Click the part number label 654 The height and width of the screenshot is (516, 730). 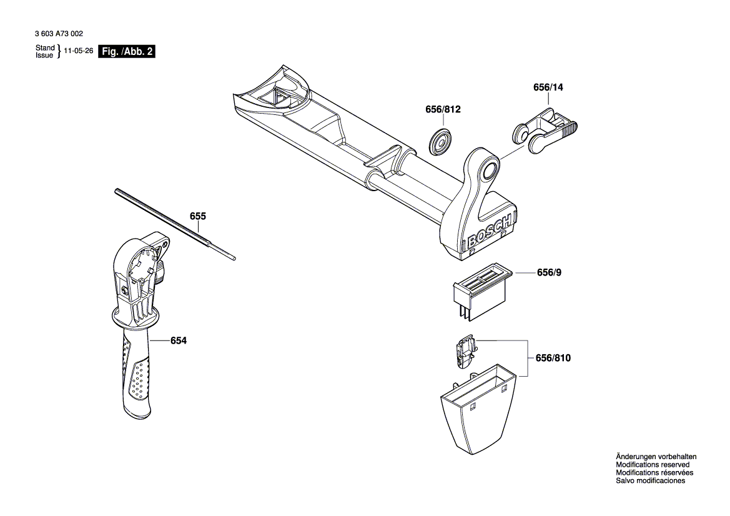(x=178, y=340)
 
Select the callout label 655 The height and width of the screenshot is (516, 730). (x=198, y=216)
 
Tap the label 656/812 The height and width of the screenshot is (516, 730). (x=443, y=110)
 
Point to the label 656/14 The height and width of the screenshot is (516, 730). (x=548, y=88)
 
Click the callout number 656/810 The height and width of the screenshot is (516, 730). (x=553, y=358)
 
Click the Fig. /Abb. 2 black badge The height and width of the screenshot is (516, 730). (x=127, y=52)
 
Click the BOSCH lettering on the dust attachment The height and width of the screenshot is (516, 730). (x=491, y=231)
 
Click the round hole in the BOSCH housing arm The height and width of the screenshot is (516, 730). (x=489, y=169)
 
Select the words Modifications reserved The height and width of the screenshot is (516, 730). (x=653, y=465)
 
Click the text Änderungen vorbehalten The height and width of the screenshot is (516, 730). (x=656, y=457)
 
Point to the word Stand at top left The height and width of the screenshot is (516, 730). (x=45, y=48)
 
